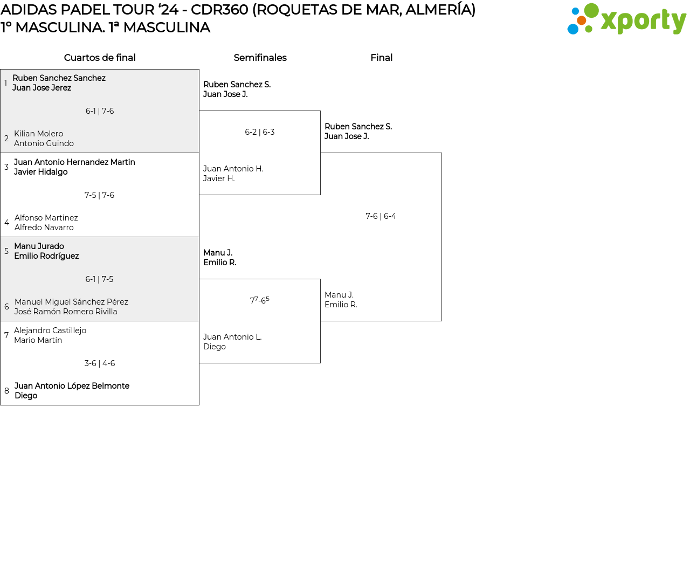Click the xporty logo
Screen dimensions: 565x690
pos(626,19)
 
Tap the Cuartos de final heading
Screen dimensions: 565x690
pos(100,58)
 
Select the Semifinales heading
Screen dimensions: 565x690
pos(260,58)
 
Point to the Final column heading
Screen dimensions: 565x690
pos(381,58)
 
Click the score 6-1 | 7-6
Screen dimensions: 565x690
pos(100,111)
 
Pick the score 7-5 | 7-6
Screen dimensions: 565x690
pos(99,195)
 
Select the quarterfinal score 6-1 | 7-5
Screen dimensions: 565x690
pos(99,279)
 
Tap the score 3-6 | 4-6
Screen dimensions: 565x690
pos(100,363)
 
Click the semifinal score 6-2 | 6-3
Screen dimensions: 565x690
pos(260,132)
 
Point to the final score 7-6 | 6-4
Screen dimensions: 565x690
pos(381,216)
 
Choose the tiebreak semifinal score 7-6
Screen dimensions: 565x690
pos(259,300)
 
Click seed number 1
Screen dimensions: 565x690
pos(5,83)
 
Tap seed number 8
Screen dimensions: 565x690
pos(6,391)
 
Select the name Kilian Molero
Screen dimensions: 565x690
pos(38,134)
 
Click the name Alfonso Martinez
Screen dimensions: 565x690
pos(46,218)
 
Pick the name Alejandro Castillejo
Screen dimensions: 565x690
pos(50,330)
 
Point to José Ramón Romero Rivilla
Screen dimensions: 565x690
pos(66,312)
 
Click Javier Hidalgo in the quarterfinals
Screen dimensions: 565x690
pos(41,172)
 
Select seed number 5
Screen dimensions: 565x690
pos(6,251)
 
